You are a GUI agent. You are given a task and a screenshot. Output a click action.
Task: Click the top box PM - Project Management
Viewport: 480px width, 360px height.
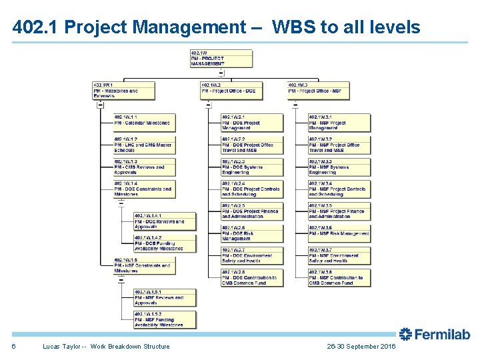221,58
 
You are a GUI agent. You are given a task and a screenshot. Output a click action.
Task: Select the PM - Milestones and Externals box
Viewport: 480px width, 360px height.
123,90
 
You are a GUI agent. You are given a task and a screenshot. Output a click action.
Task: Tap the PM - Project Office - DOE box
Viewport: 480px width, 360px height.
231,90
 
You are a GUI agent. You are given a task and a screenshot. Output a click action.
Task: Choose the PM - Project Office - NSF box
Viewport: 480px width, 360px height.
319,90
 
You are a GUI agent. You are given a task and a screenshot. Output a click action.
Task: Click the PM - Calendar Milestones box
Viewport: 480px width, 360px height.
144,121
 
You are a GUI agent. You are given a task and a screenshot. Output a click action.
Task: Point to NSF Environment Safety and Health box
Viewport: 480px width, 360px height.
339,255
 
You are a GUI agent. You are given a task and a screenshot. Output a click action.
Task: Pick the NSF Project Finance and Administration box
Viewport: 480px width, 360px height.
339,211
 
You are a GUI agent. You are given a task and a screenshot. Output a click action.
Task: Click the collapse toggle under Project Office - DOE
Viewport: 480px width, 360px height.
209,105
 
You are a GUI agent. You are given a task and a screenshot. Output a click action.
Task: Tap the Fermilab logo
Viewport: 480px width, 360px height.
434,334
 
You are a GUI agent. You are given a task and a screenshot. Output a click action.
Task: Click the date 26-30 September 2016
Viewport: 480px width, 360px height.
361,347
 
